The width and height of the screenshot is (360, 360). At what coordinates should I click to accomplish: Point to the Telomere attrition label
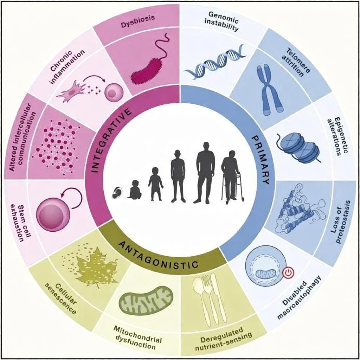(297, 63)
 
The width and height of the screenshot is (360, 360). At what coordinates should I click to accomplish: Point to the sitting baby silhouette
(135, 189)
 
